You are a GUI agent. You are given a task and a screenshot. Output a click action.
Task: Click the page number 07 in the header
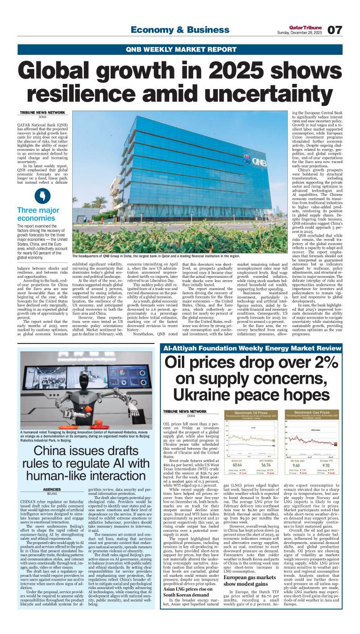click(334, 30)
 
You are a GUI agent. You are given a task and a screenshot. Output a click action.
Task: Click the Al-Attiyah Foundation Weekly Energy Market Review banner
click(252, 349)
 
